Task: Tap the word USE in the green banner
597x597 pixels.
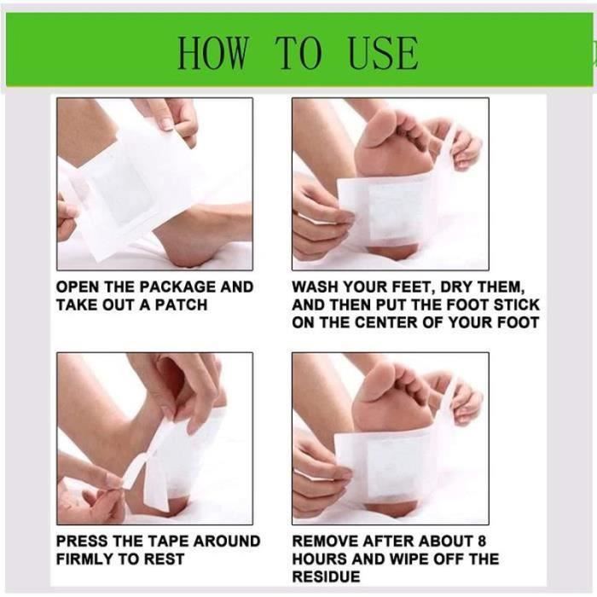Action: [x=383, y=53]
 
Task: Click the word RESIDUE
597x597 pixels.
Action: [x=327, y=577]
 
